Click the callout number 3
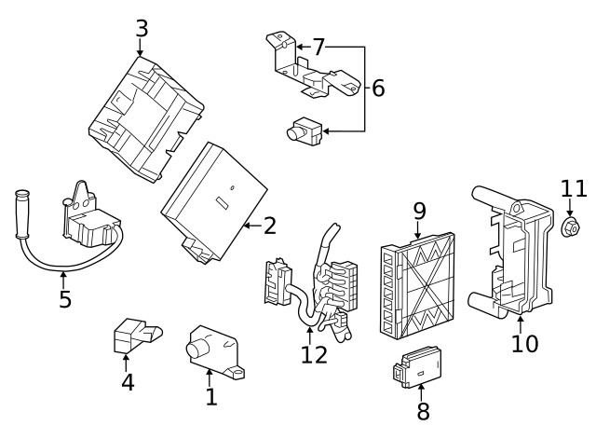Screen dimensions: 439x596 point(141,28)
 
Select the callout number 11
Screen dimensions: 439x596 point(573,188)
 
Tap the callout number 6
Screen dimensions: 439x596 point(377,89)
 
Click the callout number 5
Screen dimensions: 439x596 point(64,300)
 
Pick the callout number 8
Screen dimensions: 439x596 point(423,411)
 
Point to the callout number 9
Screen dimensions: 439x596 point(419,212)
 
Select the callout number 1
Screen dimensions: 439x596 point(211,397)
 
